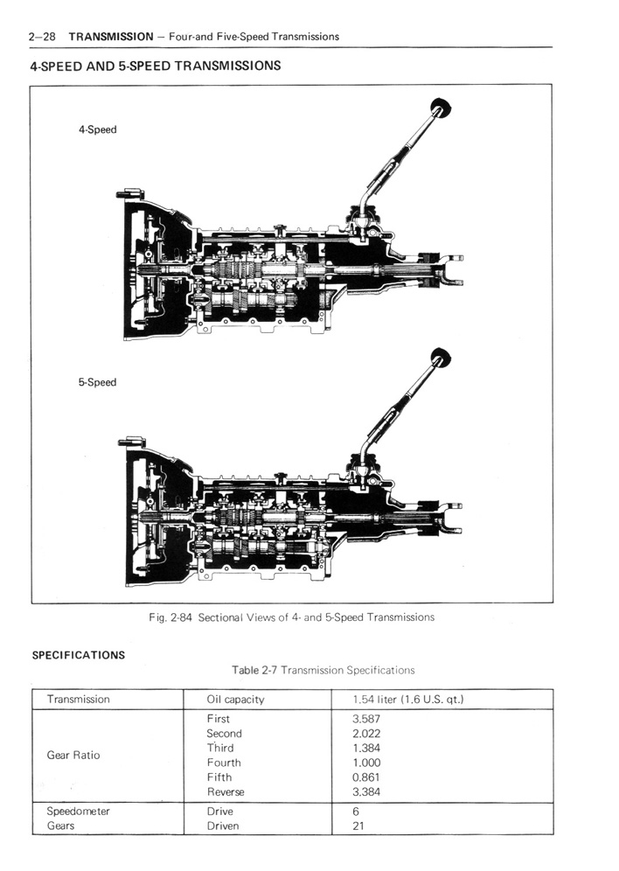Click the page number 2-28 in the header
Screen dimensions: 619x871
point(42,38)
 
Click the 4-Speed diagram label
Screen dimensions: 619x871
point(98,130)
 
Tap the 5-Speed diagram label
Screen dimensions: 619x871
point(97,382)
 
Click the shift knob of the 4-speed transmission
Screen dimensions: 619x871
point(441,107)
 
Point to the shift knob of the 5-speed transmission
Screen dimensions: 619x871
point(441,358)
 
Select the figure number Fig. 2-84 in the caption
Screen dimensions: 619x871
point(170,617)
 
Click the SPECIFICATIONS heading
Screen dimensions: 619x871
point(79,655)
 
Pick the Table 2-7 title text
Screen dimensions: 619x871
point(323,670)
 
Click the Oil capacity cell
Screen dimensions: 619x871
point(235,700)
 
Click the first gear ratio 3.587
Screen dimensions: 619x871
point(366,719)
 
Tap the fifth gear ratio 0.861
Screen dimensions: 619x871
point(366,777)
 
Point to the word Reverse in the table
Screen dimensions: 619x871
point(226,791)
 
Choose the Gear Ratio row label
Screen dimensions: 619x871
point(73,755)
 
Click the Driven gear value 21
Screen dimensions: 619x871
point(358,826)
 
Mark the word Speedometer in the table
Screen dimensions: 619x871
point(79,811)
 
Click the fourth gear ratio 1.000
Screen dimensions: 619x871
point(366,763)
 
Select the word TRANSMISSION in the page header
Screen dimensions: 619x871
point(111,38)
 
